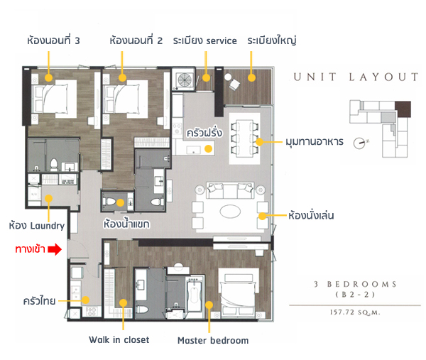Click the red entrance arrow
click(55, 249)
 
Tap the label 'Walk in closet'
click(119, 339)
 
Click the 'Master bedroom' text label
click(213, 340)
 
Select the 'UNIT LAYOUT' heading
click(356, 77)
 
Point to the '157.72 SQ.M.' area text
click(355, 312)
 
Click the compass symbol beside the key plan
click(360, 143)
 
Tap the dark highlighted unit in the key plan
click(403, 109)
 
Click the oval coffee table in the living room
click(230, 212)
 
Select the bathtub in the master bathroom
click(195, 295)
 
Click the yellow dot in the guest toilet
click(121, 202)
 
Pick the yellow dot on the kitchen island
click(208, 148)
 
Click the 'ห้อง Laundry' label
click(37, 226)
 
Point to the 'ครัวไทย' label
click(39, 301)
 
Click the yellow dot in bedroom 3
click(48, 77)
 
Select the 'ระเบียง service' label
click(205, 40)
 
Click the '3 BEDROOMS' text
click(356, 284)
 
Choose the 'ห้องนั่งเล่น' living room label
click(311, 215)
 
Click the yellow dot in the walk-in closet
click(124, 302)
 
